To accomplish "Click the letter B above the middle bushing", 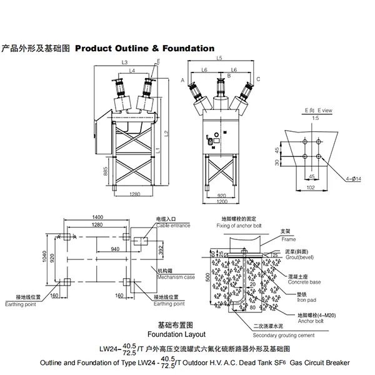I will point(229,76).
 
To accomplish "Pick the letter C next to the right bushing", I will point(258,80).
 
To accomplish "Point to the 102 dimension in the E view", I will point(310,187).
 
